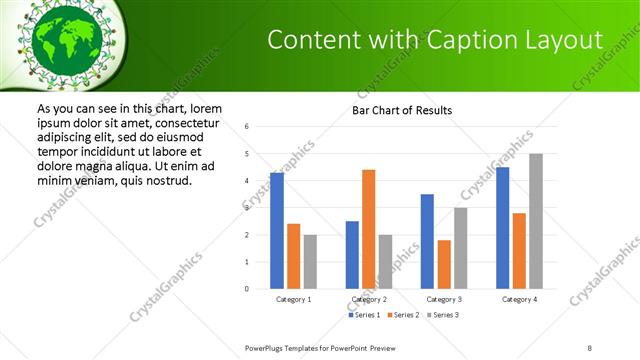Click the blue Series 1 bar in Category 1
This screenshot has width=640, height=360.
pos(277,231)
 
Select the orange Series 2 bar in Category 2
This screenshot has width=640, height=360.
pos(368,229)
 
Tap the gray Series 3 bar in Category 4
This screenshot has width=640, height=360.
pos(536,221)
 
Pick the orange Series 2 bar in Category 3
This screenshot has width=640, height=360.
pos(444,264)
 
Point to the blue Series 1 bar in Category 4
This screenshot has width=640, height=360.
pos(502,228)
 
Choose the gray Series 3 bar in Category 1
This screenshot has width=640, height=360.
pos(310,262)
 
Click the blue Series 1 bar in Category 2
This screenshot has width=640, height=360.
pos(352,255)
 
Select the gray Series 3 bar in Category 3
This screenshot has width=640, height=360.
pos(461,248)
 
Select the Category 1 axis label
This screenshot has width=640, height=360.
pos(293,299)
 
